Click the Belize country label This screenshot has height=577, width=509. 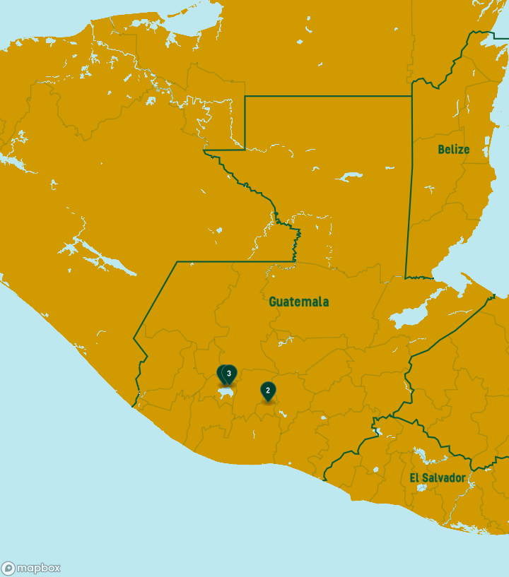tap(453, 150)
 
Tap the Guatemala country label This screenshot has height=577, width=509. tap(298, 302)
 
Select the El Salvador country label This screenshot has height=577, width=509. tap(438, 478)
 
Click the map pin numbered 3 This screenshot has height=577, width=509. tap(229, 373)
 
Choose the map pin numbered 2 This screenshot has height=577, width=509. tap(268, 391)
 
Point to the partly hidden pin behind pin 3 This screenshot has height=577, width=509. tap(221, 372)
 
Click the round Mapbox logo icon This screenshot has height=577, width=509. tap(8, 568)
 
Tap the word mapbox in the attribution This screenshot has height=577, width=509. tap(38, 568)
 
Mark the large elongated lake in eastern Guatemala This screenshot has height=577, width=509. tap(411, 316)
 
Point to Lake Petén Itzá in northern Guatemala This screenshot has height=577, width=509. tap(350, 176)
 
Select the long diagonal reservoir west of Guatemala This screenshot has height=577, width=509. tap(106, 258)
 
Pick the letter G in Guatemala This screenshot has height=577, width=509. tap(273, 302)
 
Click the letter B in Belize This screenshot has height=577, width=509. tap(441, 150)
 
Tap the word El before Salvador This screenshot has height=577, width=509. tap(414, 478)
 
